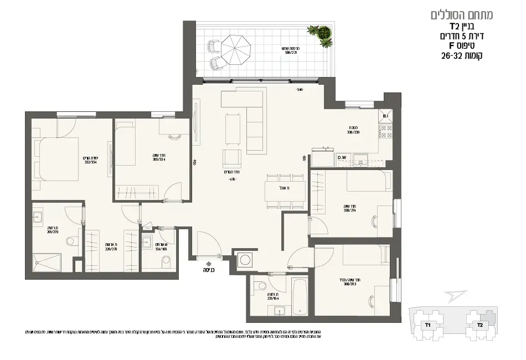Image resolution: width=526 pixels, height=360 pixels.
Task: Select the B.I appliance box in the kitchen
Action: coord(386,116)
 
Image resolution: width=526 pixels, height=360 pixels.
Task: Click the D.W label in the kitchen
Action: coord(342,158)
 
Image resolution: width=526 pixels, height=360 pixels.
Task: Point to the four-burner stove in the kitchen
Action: coord(386,131)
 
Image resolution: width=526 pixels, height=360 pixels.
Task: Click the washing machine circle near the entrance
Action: coord(244,260)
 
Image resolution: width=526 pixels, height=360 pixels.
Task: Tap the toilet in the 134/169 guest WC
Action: coord(165,262)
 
